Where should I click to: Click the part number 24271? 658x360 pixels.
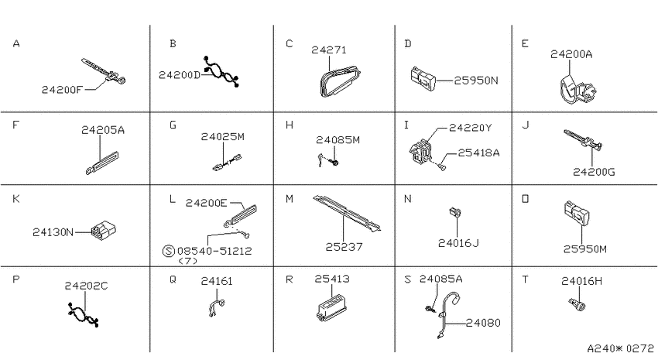(329, 50)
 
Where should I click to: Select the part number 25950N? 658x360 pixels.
(476, 81)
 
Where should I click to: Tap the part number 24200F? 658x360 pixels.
(63, 89)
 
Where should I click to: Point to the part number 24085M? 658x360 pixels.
(338, 139)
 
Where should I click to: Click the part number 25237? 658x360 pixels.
(344, 247)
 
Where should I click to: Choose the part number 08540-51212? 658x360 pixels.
(214, 251)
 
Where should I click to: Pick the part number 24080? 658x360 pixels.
(483, 323)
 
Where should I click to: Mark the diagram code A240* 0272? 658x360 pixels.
(620, 348)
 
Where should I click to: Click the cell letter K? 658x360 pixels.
(16, 198)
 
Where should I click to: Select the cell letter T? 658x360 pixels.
(525, 279)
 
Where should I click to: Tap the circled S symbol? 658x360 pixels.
(168, 251)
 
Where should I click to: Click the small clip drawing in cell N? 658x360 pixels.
(455, 212)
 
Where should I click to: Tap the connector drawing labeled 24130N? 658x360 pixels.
(103, 230)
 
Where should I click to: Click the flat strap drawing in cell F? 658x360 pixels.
(101, 163)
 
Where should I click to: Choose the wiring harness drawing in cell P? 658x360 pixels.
(83, 314)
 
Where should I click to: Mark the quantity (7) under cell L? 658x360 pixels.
(187, 261)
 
